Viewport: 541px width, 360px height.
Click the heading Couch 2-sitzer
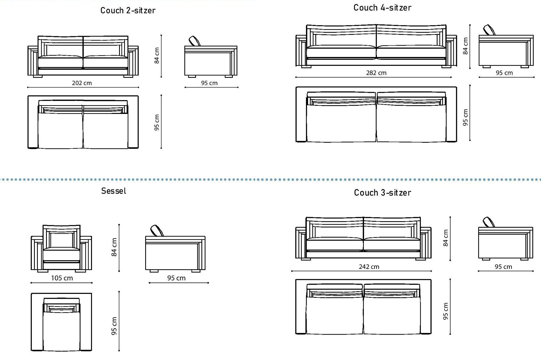tap(128, 11)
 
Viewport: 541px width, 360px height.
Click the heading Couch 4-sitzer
tap(382, 8)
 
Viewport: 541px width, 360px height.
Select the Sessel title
tap(114, 191)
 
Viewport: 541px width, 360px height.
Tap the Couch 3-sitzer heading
tap(382, 193)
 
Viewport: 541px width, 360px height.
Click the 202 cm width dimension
tap(82, 83)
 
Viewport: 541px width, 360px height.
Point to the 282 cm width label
tap(376, 73)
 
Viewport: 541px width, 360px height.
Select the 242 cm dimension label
tap(369, 267)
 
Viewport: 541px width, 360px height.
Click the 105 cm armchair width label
tap(62, 278)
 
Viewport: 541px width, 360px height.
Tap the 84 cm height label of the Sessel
tap(114, 247)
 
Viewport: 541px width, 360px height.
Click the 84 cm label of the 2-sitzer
tap(157, 56)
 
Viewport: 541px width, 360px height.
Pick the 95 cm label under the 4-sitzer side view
tap(504, 73)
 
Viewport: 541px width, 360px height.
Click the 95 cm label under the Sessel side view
tap(176, 278)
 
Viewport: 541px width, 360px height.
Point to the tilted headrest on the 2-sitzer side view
tap(195, 41)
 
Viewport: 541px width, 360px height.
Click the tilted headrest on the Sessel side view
tap(157, 231)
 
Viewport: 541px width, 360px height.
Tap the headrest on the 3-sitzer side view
tap(489, 222)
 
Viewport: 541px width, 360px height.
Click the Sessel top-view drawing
tap(61, 322)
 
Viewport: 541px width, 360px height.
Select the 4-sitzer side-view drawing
tap(506, 47)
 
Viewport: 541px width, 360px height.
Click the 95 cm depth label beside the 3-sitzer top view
tap(445, 311)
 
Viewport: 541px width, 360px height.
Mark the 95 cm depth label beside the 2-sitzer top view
tap(157, 122)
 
